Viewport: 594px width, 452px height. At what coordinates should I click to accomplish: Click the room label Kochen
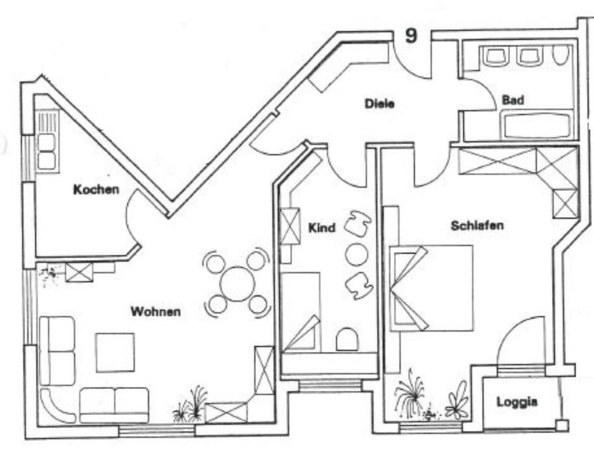[x=96, y=189]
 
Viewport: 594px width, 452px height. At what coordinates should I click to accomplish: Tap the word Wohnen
[x=155, y=312]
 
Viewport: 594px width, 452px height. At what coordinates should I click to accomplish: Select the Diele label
[x=379, y=104]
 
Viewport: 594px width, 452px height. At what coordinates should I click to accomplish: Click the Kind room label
[x=322, y=228]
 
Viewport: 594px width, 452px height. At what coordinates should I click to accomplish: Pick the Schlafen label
[x=477, y=225]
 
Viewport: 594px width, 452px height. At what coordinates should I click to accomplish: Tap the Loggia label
[x=517, y=403]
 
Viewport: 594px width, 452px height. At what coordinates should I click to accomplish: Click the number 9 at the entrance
[x=411, y=36]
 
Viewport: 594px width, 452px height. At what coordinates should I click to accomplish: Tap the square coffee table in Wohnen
[x=115, y=352]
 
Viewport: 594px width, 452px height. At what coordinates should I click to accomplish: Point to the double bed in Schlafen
[x=433, y=288]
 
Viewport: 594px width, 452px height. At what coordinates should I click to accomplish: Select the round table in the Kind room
[x=356, y=254]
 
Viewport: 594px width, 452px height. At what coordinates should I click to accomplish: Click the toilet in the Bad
[x=561, y=56]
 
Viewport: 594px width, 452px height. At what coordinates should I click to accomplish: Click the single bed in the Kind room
[x=301, y=312]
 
